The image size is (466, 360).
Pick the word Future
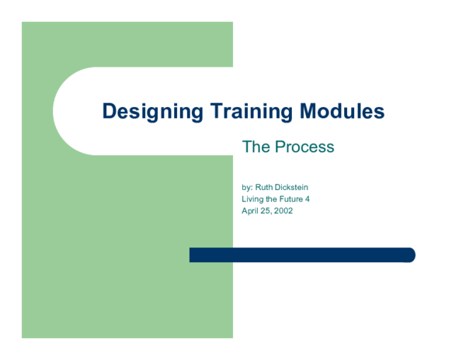pos(289,199)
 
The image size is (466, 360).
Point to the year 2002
pos(283,210)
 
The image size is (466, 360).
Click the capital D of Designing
pos(109,112)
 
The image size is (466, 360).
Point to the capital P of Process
pos(279,147)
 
